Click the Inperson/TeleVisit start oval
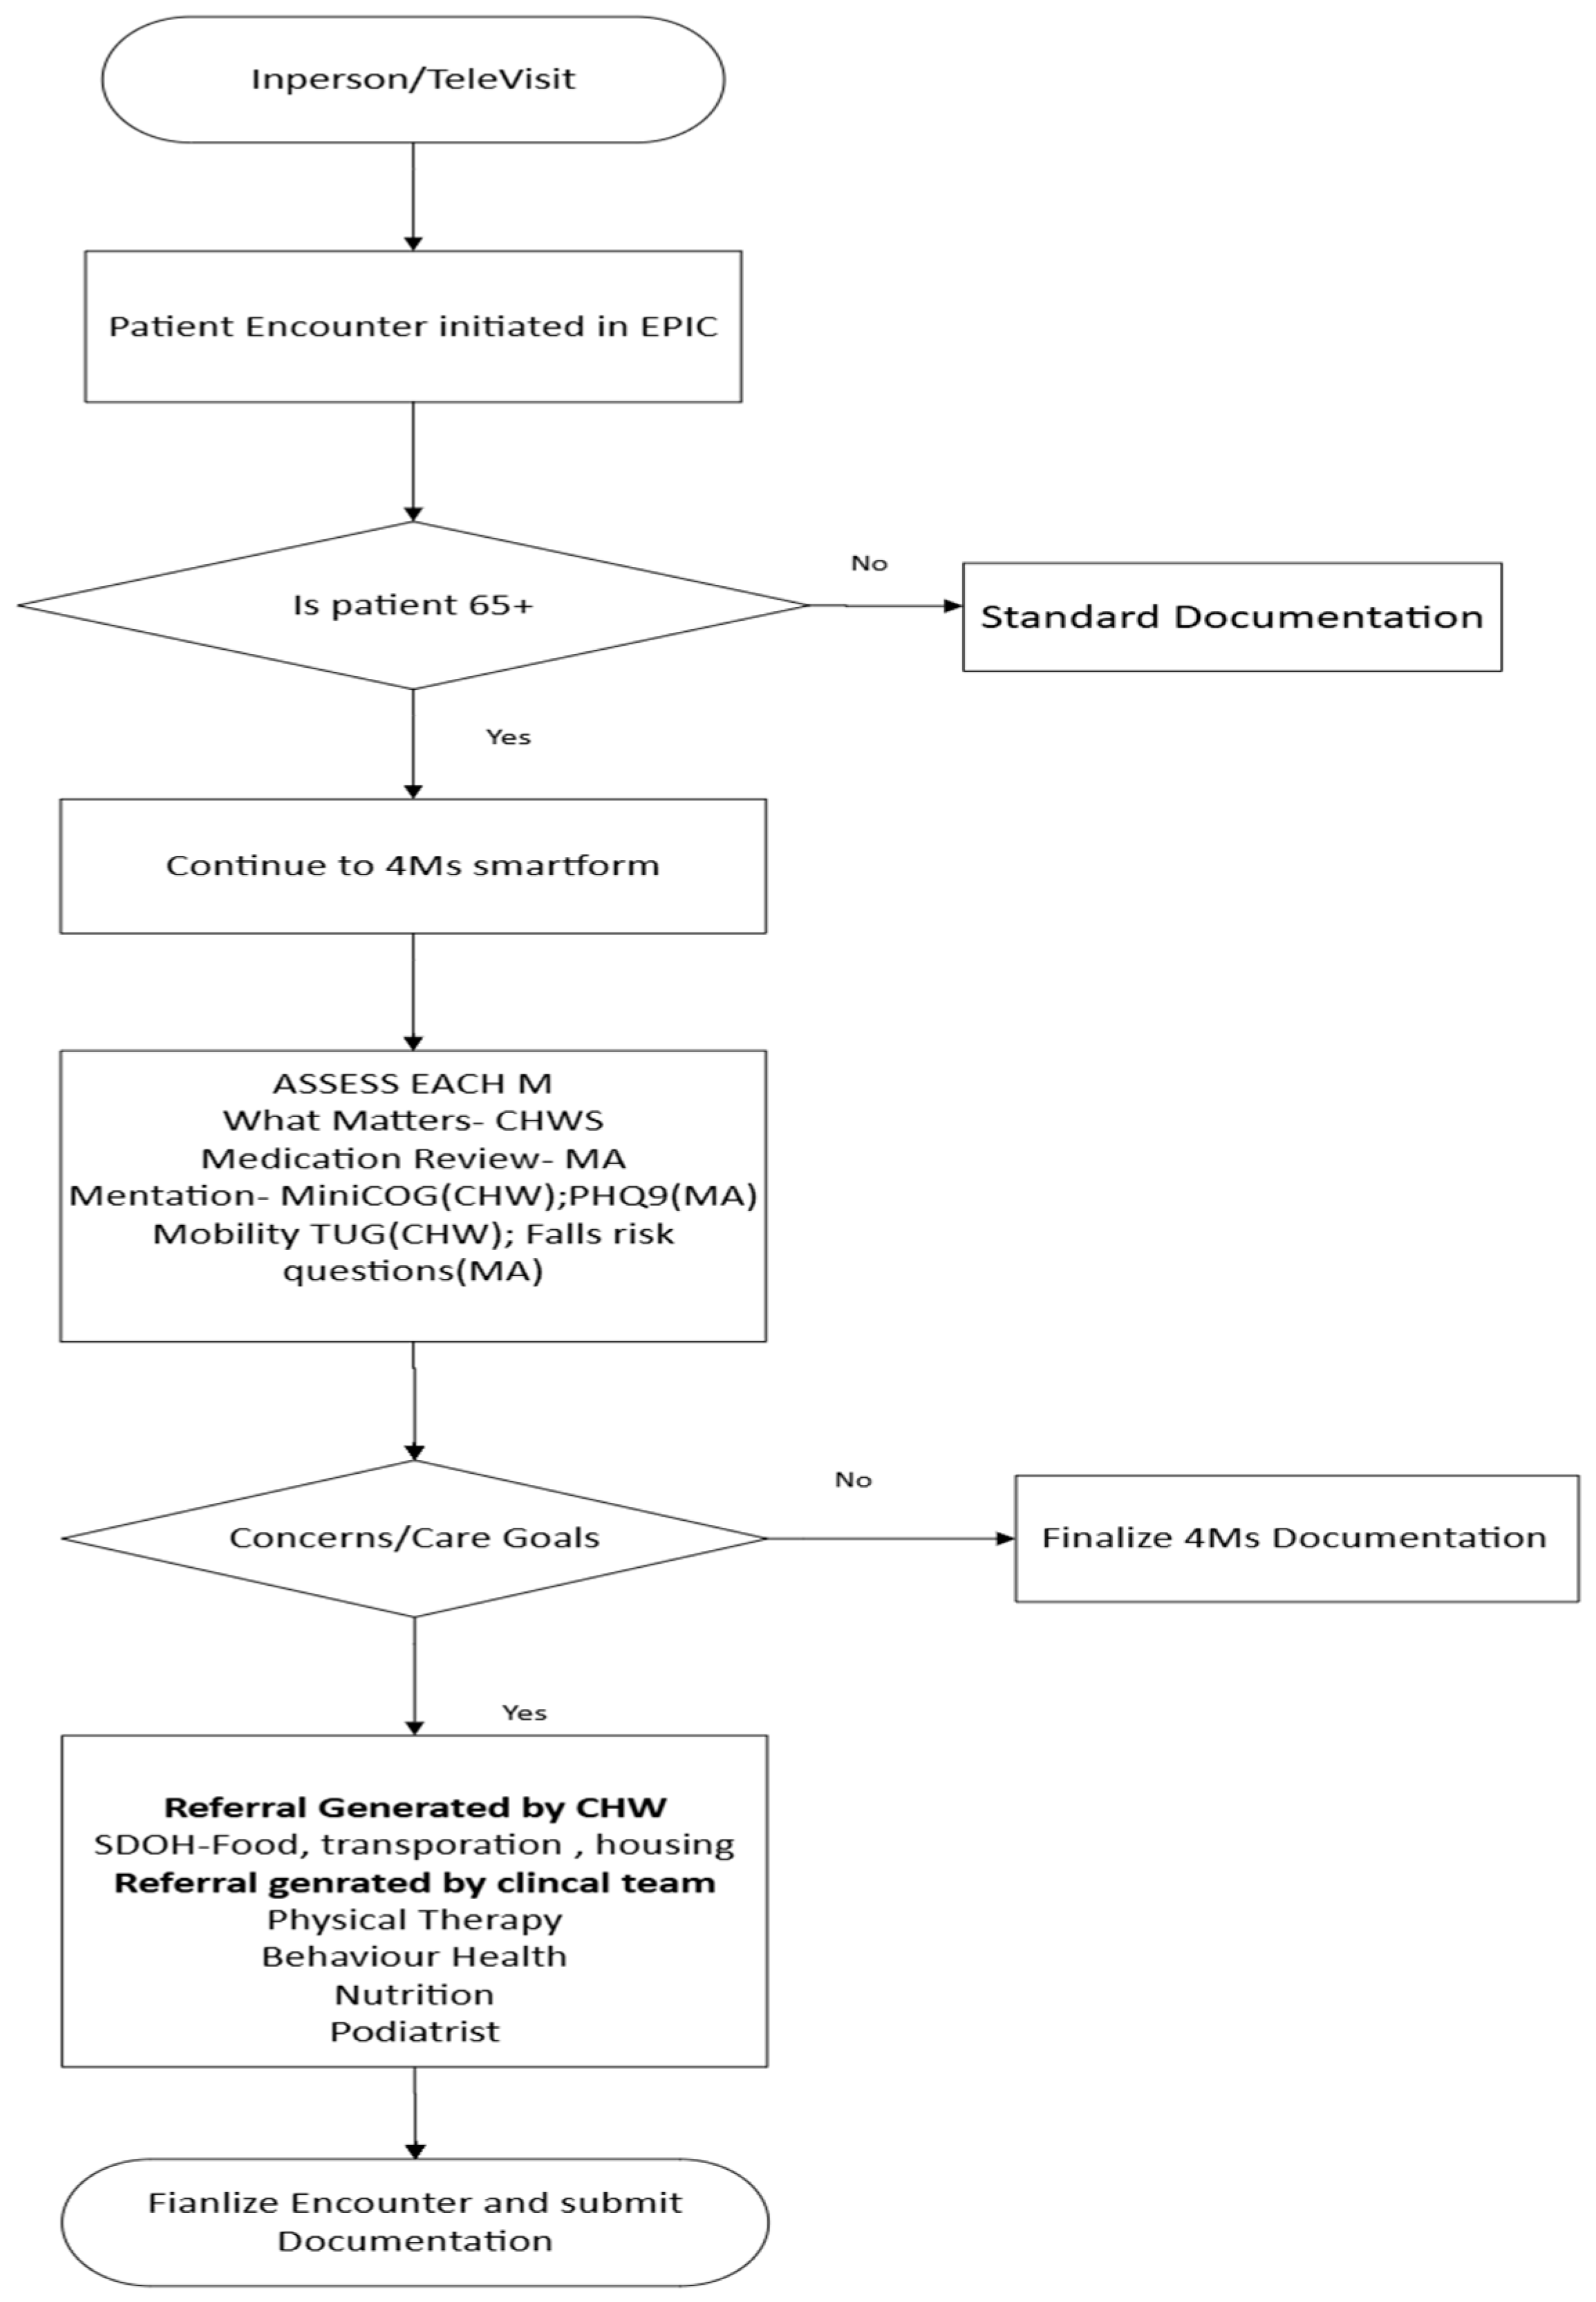[x=413, y=79]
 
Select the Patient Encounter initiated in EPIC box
[x=413, y=327]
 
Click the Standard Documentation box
[x=1231, y=617]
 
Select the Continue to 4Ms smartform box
[x=413, y=866]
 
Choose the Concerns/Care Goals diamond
[x=414, y=1538]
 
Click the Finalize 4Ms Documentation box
[x=1295, y=1538]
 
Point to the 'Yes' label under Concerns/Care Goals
[x=524, y=1713]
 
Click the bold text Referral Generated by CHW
[x=415, y=1808]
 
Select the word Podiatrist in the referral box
[x=415, y=2032]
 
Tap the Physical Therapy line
[x=415, y=1920]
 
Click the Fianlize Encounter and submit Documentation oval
[x=415, y=2221]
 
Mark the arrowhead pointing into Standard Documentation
[x=953, y=606]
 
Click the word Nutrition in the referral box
[x=415, y=1995]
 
